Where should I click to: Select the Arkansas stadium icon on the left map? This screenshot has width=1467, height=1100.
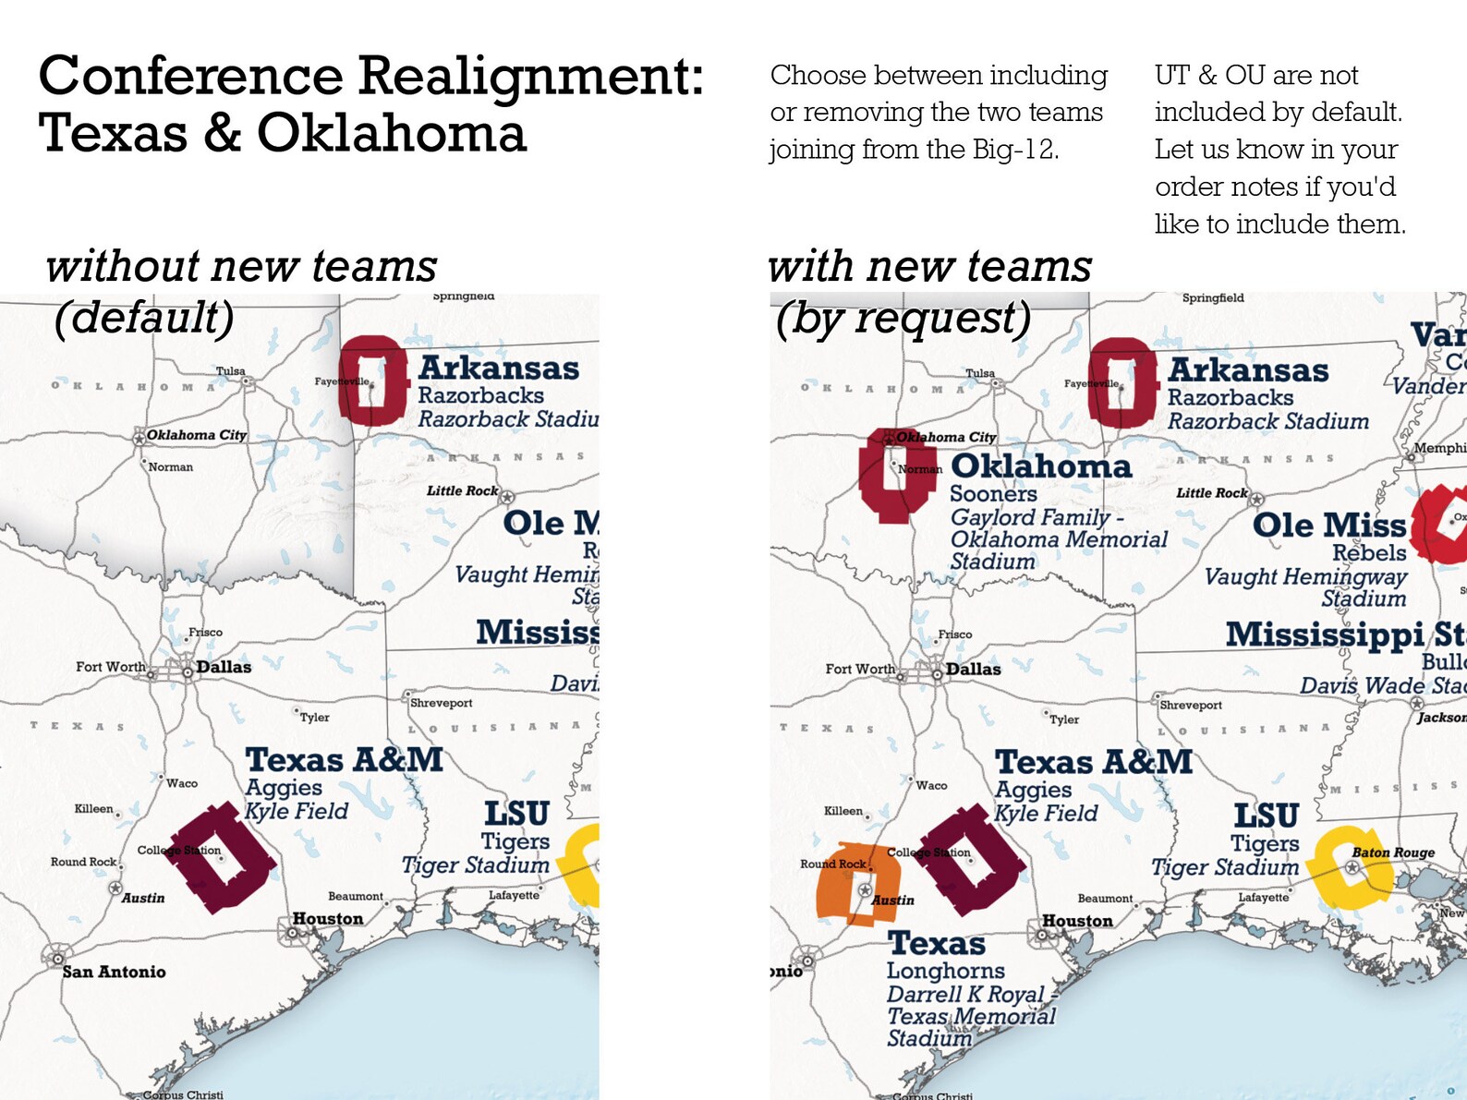(372, 381)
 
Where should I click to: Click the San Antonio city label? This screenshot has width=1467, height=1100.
(114, 972)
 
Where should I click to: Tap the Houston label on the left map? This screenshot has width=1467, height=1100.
(328, 919)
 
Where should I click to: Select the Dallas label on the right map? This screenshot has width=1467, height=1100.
(973, 669)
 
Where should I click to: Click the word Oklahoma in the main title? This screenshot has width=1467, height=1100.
(391, 134)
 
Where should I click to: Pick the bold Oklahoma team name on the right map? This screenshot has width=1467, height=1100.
(1040, 466)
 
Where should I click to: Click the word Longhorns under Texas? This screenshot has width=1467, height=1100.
(945, 971)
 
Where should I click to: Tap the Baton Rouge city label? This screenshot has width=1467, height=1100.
(1393, 852)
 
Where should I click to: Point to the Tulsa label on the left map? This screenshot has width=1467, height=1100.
(230, 371)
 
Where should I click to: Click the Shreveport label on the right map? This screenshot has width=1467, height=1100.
(1190, 705)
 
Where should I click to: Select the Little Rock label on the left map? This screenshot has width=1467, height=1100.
(462, 490)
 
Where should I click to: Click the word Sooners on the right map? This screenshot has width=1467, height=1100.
(993, 494)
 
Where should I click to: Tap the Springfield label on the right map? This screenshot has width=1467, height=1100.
(1212, 297)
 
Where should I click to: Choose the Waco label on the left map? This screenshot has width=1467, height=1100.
(182, 783)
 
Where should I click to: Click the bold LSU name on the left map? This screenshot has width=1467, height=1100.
(516, 814)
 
